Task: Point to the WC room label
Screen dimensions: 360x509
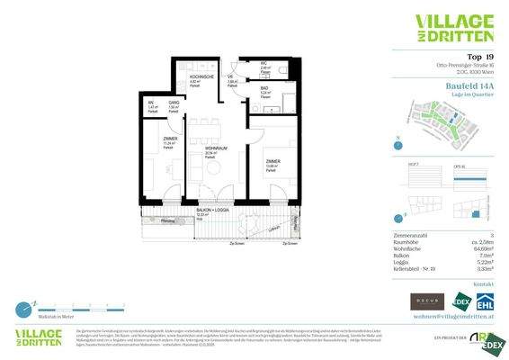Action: (265, 62)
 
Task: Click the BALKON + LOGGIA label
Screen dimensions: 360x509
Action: (211, 211)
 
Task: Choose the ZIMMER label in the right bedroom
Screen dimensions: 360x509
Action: (272, 163)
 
